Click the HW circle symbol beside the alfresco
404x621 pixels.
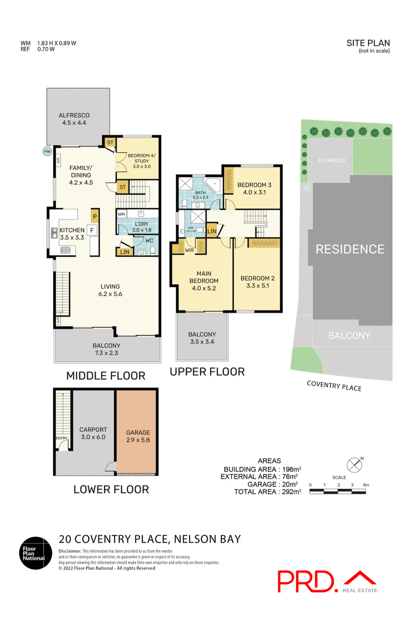(47, 151)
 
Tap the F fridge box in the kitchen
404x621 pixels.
(92, 231)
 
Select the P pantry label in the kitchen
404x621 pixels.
(95, 217)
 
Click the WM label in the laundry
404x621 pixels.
(121, 214)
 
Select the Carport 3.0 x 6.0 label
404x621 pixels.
(93, 433)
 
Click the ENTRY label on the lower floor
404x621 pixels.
(61, 438)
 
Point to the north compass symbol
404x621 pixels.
(355, 464)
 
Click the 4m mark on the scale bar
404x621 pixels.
(366, 484)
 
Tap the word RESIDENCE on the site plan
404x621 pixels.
(350, 249)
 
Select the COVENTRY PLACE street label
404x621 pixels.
(334, 386)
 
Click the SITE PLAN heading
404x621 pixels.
(368, 43)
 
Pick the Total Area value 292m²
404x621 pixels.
(289, 491)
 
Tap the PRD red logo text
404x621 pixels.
(307, 581)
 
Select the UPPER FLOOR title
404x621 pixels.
(207, 372)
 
